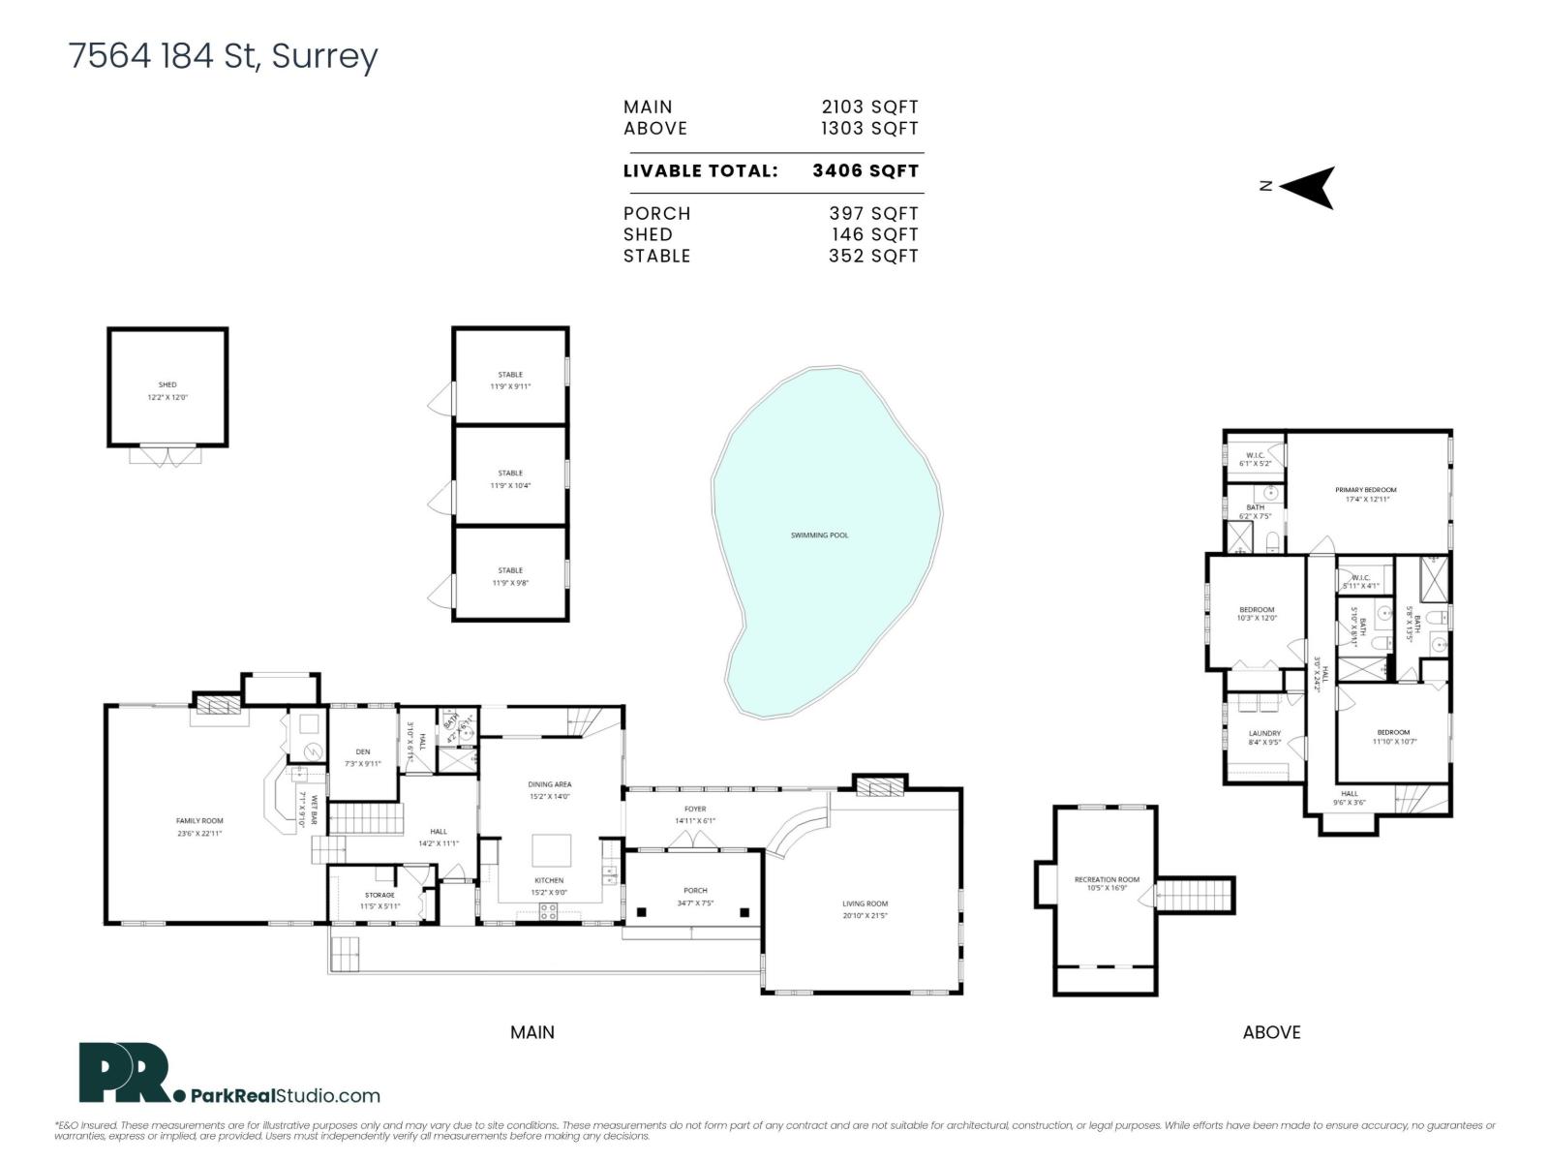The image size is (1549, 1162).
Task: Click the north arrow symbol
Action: [x=1309, y=187]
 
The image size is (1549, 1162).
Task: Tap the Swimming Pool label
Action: [x=819, y=535]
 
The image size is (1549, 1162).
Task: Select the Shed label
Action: [x=167, y=385]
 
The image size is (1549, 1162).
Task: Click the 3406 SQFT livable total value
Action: [x=866, y=171]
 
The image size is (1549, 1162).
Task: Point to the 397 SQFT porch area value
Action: [x=873, y=214]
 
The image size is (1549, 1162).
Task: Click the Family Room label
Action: [x=199, y=821]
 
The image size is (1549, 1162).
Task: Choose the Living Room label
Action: [x=865, y=903]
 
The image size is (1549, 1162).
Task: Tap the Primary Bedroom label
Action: [x=1366, y=490]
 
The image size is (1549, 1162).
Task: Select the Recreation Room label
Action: [x=1107, y=879]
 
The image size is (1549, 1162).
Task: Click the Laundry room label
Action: [x=1264, y=734]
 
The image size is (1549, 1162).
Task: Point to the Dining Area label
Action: [x=549, y=784]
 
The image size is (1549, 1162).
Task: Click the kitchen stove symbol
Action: [x=548, y=911]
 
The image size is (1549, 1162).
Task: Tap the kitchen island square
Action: [x=552, y=851]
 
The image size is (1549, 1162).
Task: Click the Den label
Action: [x=363, y=751]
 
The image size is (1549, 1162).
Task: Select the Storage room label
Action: [x=380, y=895]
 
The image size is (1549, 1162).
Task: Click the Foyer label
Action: [x=695, y=809]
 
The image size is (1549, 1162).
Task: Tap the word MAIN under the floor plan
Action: [x=532, y=1032]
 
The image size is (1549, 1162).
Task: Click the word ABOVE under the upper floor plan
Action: [x=1271, y=1032]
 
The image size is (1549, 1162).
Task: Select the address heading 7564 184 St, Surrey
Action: [x=224, y=56]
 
